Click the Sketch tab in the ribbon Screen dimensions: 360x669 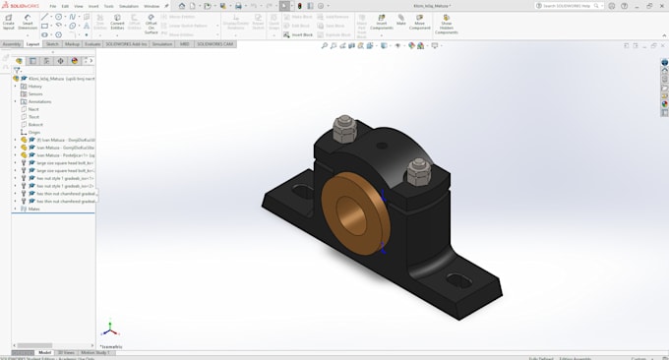point(52,44)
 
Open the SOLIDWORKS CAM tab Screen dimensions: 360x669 point(213,44)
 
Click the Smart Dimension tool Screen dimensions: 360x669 point(28,25)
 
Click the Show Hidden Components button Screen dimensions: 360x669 point(447,26)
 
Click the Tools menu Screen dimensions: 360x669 point(108,6)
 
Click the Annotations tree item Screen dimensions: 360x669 point(39,101)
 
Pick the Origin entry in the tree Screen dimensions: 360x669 point(34,132)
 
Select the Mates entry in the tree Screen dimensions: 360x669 point(33,209)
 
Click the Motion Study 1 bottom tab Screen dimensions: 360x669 point(94,352)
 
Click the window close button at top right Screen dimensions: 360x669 point(661,6)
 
